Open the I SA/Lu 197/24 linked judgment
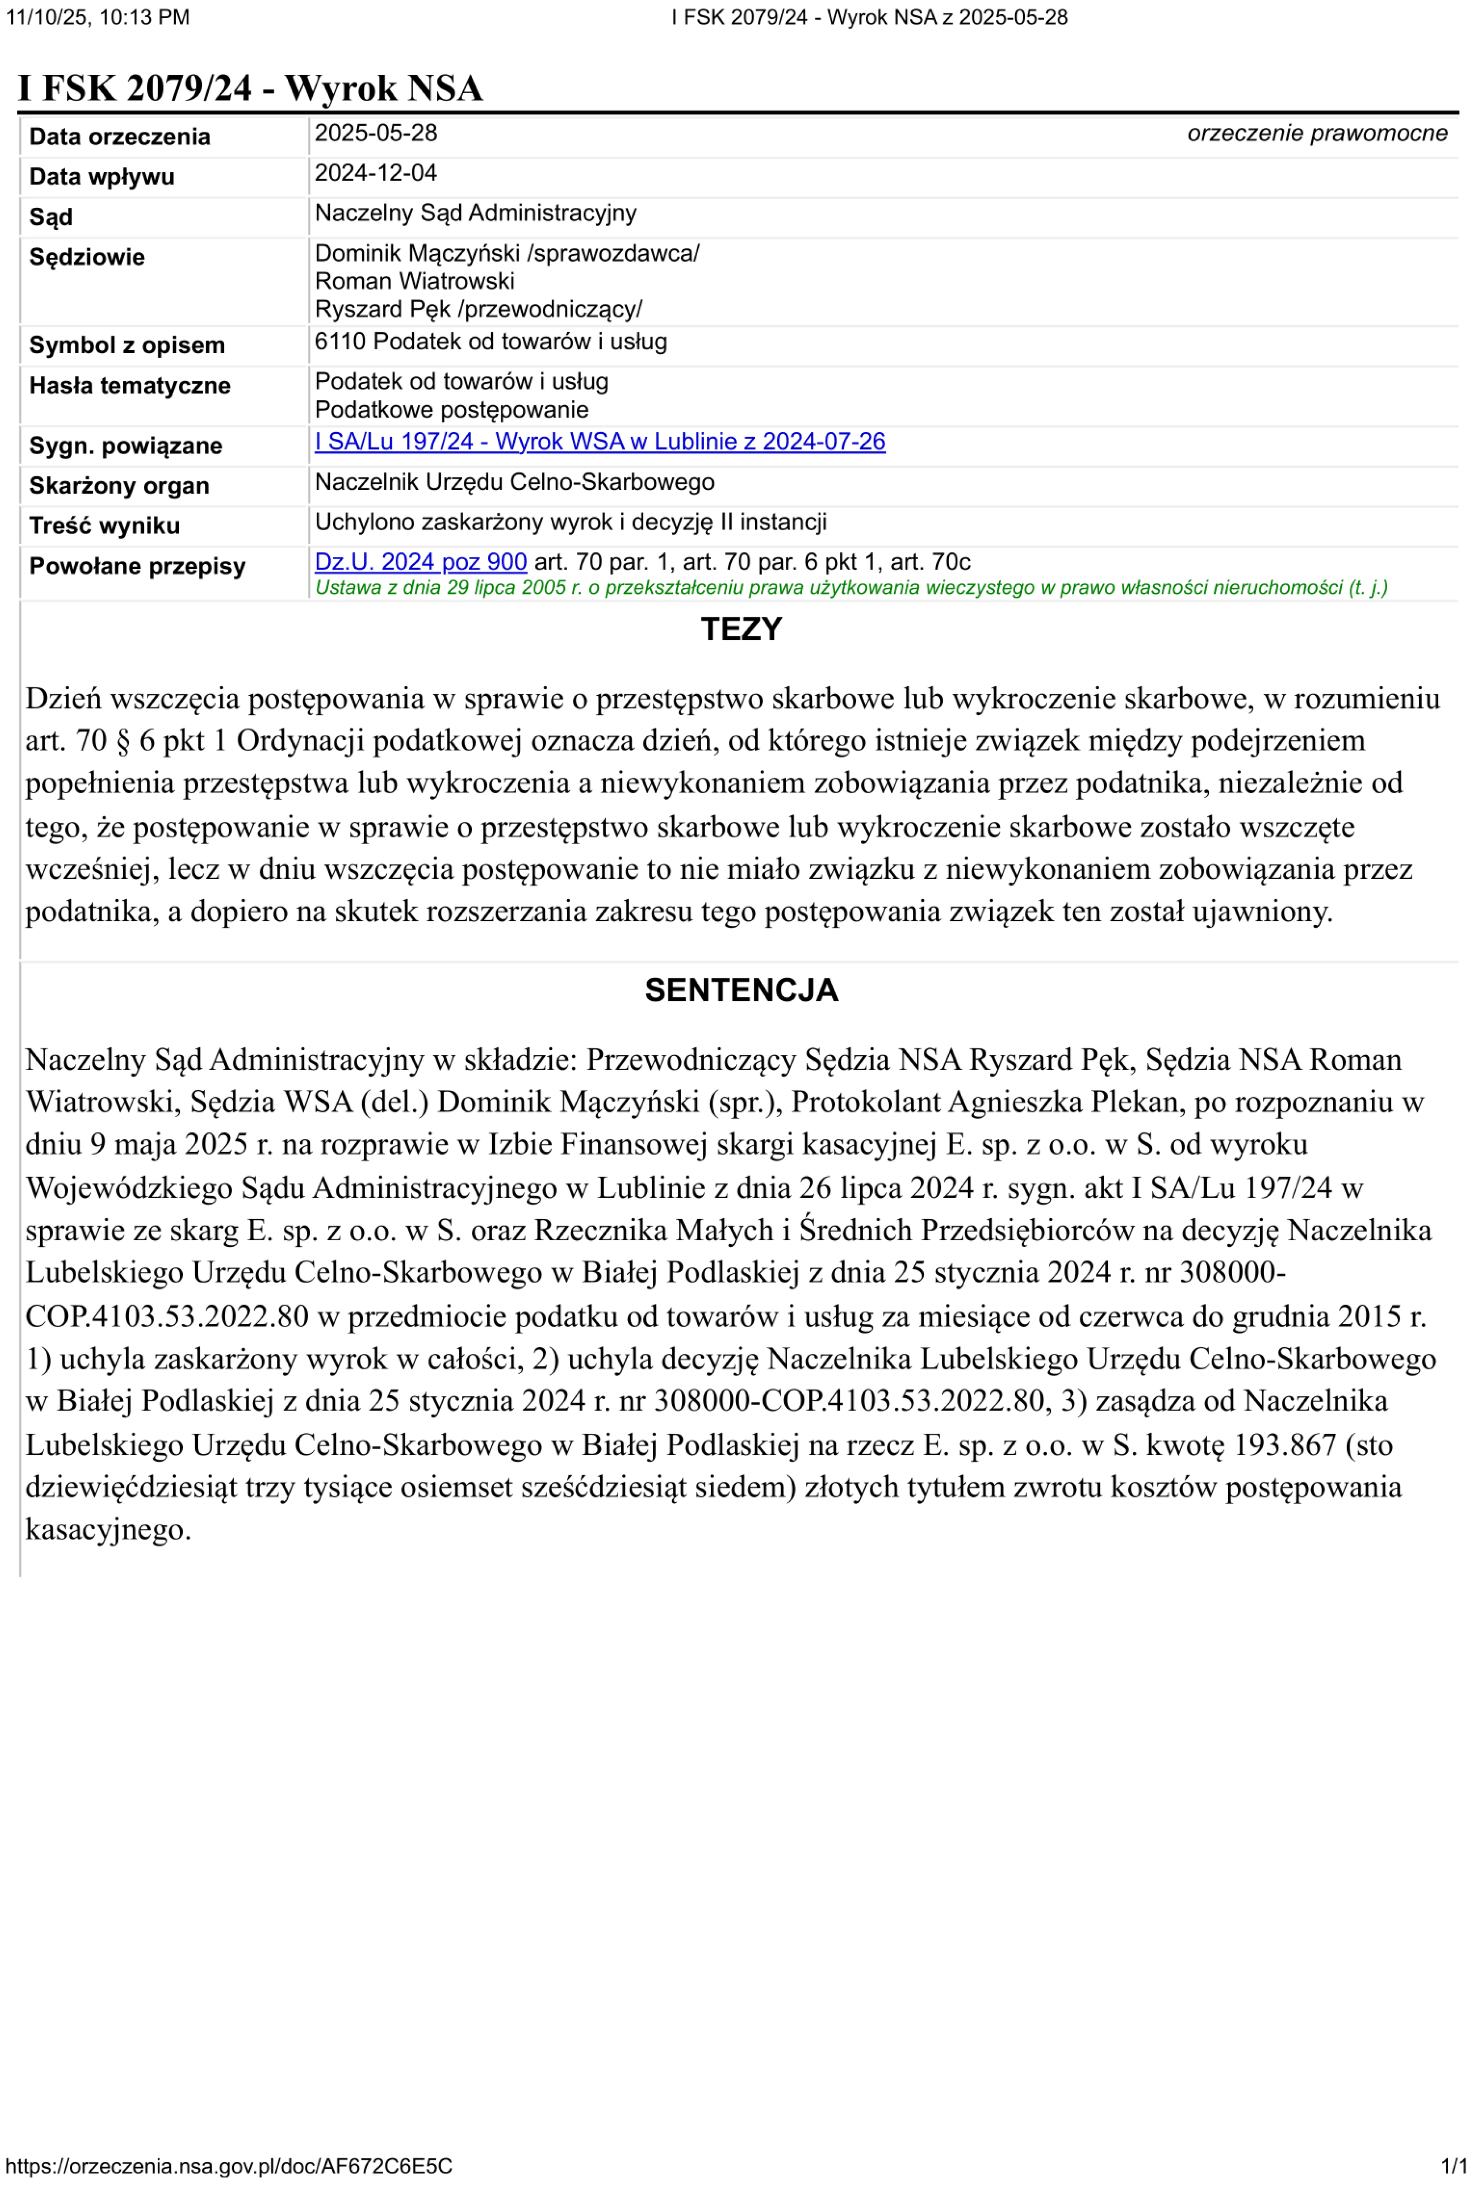pos(599,442)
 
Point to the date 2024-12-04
pos(375,173)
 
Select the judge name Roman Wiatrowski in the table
pos(414,281)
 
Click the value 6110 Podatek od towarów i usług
pos(490,342)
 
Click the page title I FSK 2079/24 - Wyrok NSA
pos(249,89)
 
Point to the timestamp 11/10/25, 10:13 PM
pos(97,17)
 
